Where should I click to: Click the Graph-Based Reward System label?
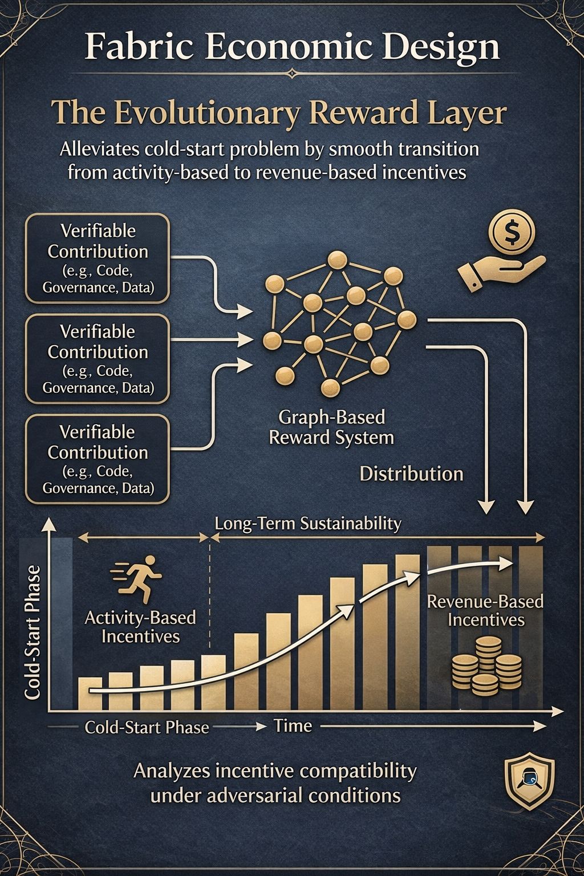[x=331, y=427]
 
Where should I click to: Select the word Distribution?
[x=411, y=474]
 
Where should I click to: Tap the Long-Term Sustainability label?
[x=308, y=524]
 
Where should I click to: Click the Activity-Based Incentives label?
[x=140, y=626]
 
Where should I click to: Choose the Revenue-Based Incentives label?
[x=485, y=610]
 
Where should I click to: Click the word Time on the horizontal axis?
[x=293, y=726]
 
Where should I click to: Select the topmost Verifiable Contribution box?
[x=98, y=258]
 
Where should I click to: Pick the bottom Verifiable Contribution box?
[x=98, y=459]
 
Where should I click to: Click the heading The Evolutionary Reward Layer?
[x=278, y=113]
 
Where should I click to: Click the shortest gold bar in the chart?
[x=90, y=693]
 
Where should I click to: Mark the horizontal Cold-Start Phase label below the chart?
[x=147, y=728]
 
